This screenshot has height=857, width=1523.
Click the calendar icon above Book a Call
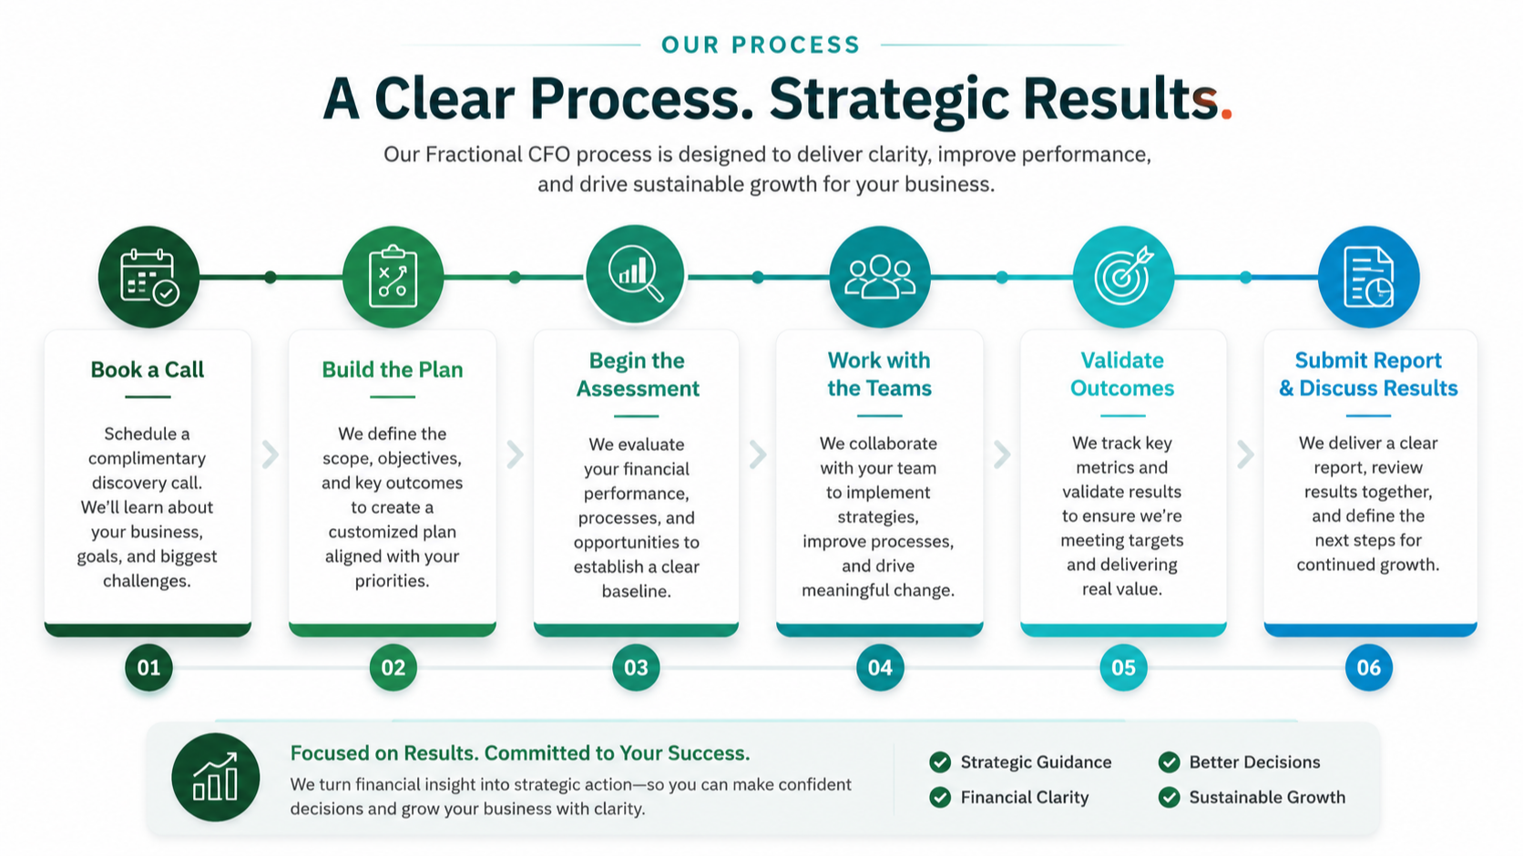[148, 277]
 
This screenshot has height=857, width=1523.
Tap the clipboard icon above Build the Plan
[393, 277]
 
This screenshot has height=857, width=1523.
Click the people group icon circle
[880, 277]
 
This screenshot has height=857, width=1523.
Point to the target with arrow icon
[1123, 277]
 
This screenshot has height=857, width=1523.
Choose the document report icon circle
[1369, 277]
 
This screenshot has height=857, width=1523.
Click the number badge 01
[148, 668]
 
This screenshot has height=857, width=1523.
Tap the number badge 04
[880, 668]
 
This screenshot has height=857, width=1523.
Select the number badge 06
[1369, 668]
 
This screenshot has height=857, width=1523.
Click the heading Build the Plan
[393, 370]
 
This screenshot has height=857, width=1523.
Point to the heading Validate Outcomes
[1122, 373]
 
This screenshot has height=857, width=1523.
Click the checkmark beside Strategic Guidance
[940, 762]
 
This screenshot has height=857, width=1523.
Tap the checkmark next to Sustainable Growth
[1170, 797]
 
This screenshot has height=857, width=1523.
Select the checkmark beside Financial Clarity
[940, 797]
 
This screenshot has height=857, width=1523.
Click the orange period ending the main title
[1226, 114]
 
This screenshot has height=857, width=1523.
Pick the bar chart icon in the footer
[216, 777]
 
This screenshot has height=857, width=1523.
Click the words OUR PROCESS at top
[761, 45]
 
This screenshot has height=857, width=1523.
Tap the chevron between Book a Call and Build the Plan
[270, 454]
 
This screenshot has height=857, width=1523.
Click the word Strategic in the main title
[889, 100]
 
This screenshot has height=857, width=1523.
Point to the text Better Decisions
[1254, 762]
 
